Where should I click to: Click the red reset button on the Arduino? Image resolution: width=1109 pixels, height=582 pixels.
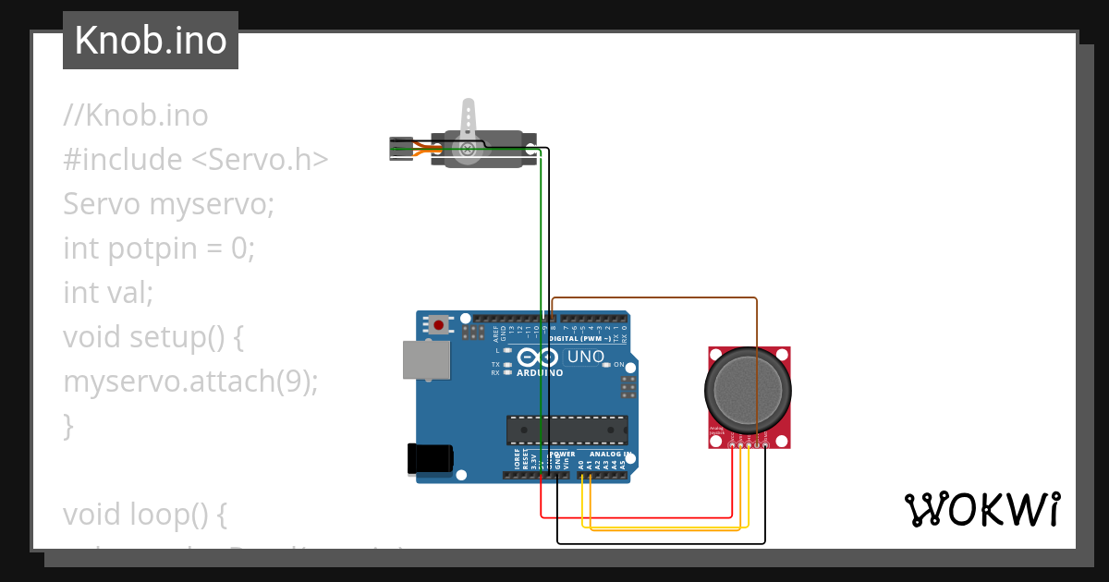pos(438,324)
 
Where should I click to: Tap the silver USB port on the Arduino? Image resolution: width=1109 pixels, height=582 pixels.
pos(426,359)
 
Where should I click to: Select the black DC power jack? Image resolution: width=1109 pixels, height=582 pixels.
pos(431,459)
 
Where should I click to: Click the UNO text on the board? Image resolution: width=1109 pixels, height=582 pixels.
pos(585,357)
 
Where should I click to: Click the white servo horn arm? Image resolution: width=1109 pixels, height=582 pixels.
pos(469,121)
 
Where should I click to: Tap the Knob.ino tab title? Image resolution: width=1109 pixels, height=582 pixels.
pos(151,41)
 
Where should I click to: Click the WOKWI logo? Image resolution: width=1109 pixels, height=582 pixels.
pos(981,510)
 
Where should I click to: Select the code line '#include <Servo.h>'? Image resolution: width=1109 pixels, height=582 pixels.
pos(195,159)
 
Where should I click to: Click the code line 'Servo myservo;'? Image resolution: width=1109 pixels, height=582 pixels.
pos(169,203)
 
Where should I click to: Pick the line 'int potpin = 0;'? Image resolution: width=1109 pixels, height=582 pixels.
pos(158,248)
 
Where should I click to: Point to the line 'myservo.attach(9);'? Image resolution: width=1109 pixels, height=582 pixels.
pos(190,381)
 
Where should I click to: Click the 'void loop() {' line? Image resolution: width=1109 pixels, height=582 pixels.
pos(144,514)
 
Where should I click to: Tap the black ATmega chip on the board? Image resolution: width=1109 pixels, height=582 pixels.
pos(567,430)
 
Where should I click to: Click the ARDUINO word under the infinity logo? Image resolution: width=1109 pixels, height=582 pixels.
pos(540,373)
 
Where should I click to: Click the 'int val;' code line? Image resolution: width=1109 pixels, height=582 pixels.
pos(107,292)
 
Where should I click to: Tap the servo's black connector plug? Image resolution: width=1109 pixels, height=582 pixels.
pos(399,148)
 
